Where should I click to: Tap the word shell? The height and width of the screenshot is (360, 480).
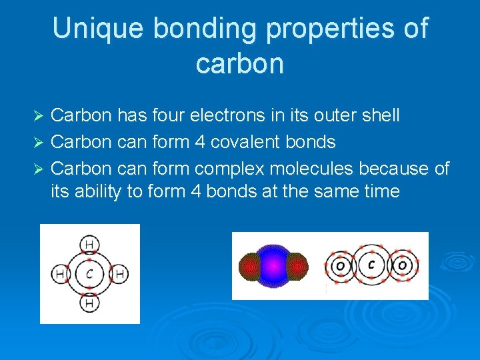point(379,115)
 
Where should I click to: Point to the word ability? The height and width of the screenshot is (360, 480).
point(102,192)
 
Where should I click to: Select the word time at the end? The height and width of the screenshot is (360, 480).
point(377,192)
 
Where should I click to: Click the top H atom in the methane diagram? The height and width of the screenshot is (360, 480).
point(89,245)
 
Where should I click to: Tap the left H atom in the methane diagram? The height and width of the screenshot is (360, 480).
point(61,273)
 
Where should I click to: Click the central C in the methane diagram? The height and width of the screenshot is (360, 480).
point(89,273)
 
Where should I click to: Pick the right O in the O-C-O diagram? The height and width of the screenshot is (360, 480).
point(402,266)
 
